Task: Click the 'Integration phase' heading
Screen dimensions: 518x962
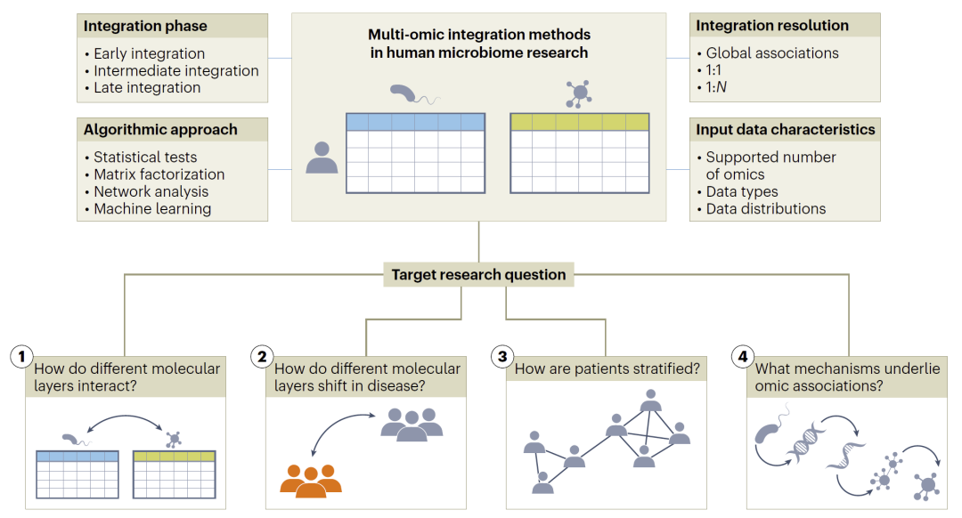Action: point(145,27)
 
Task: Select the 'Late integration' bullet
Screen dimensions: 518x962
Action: point(147,87)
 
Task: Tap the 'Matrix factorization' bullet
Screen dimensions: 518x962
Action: point(159,174)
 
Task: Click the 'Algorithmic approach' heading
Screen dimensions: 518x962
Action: point(160,130)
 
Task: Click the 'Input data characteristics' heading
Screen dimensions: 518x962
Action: point(786,130)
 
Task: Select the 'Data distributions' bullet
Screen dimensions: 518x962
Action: point(765,208)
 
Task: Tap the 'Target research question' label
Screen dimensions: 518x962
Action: point(479,274)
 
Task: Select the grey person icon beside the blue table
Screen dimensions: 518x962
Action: point(322,157)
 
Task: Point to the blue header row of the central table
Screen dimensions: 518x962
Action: point(415,122)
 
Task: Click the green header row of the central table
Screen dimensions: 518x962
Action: point(579,122)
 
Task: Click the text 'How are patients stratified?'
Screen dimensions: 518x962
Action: point(607,368)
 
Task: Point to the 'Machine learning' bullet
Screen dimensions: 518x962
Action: point(152,208)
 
